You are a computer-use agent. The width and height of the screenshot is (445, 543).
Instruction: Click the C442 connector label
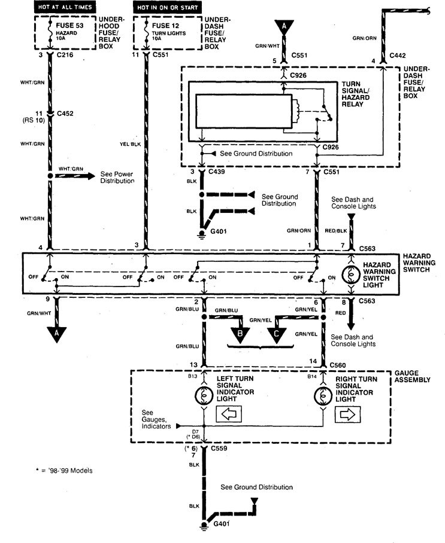[398, 55]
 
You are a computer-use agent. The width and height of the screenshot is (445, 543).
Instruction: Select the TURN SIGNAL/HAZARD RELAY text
[357, 94]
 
